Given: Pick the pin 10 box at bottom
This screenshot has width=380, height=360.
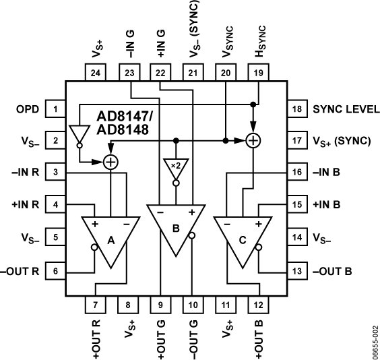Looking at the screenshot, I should click(x=193, y=305).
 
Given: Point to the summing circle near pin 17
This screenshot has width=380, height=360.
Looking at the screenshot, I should click(x=253, y=140).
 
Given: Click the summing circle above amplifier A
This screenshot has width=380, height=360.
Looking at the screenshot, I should click(x=109, y=161).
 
